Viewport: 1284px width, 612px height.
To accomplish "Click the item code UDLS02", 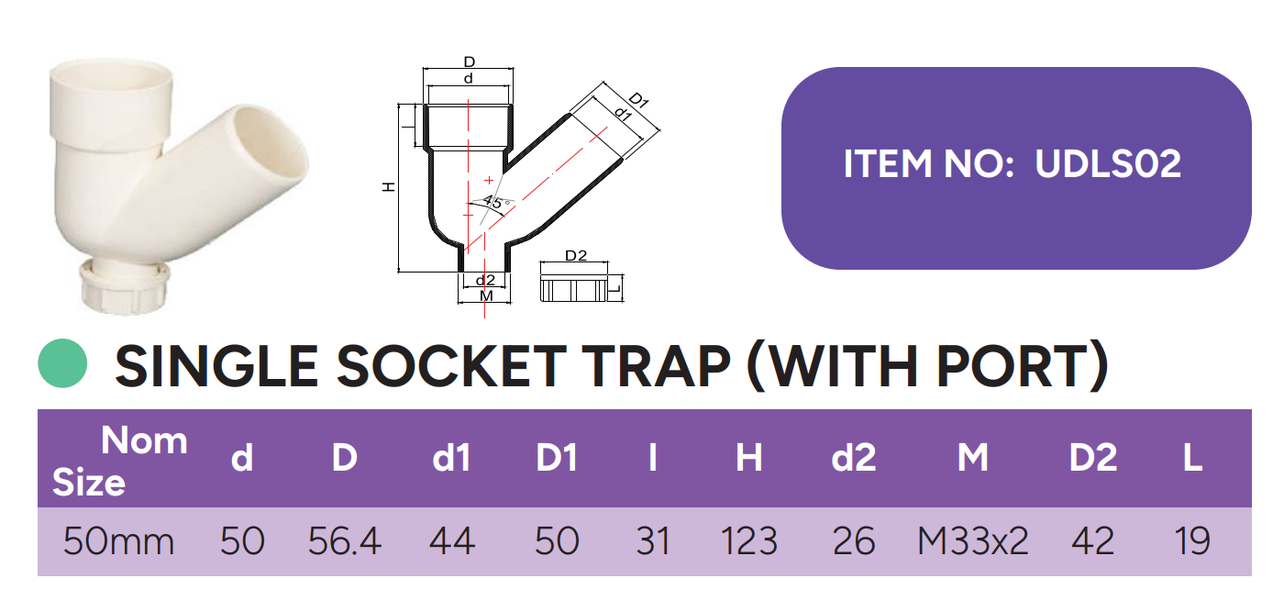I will (x=1108, y=164).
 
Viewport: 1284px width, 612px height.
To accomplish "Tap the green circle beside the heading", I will (x=62, y=363).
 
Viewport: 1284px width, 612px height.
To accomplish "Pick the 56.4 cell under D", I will (x=345, y=541).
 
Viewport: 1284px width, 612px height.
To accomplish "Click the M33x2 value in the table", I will (x=973, y=541).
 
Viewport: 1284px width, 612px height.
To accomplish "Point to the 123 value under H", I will (x=749, y=541).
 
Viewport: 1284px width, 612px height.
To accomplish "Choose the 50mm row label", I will (x=118, y=541).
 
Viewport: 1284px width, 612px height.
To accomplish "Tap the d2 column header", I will (x=854, y=457).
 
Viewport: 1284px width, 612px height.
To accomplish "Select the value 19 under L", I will (x=1192, y=541).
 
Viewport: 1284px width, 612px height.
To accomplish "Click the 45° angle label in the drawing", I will (x=496, y=203).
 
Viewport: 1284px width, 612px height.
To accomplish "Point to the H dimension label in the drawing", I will (x=389, y=187).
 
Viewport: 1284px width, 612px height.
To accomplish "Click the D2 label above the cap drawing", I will (x=575, y=256).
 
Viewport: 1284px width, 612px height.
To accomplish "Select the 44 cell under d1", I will (x=451, y=541).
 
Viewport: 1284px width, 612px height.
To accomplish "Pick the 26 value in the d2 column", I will (x=854, y=541).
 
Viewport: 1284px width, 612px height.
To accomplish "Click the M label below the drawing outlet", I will (x=485, y=296).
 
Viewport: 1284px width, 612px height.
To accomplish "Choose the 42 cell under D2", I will (x=1092, y=541).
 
